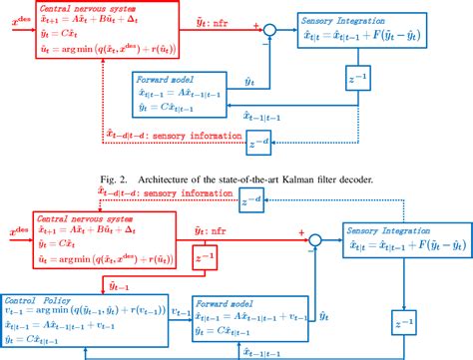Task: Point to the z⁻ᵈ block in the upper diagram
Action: click(x=261, y=147)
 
